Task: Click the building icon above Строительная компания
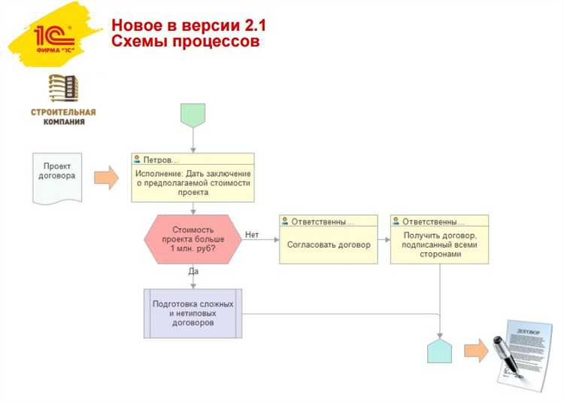63,89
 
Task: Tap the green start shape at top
193,115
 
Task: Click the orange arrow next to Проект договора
106,178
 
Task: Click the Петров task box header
193,160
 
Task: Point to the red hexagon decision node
193,239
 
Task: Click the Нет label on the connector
252,235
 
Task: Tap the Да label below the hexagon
193,271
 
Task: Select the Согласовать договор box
329,245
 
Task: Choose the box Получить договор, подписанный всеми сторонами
439,245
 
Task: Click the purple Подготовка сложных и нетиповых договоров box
193,313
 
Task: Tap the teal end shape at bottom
439,350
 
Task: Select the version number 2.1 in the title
251,26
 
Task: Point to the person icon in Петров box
137,160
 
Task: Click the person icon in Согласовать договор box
285,221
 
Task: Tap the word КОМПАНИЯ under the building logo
63,121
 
